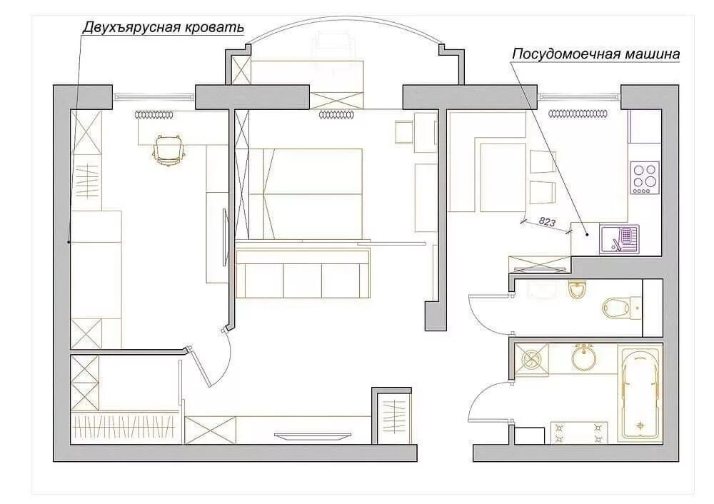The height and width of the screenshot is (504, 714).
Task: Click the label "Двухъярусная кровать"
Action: [x=164, y=27]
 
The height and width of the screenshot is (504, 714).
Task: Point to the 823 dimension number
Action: [x=547, y=222]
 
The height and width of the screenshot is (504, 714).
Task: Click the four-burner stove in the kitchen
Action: [x=644, y=178]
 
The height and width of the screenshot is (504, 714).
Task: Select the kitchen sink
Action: [x=619, y=238]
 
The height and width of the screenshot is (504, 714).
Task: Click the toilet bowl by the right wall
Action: [x=615, y=308]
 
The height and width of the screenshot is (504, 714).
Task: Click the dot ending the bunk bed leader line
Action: [x=69, y=243]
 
